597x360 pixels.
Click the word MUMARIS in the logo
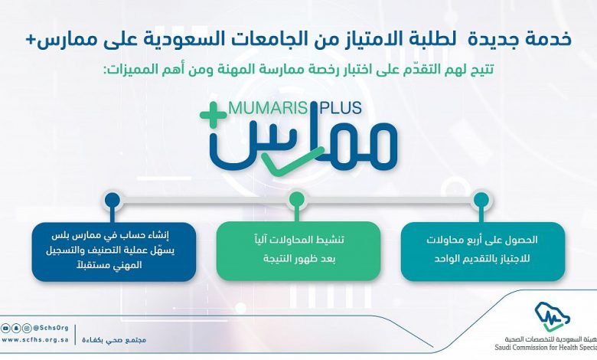268,108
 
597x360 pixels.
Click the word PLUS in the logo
341,108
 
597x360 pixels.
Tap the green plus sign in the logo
214,116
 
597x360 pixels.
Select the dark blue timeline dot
113,199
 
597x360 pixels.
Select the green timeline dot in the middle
297,199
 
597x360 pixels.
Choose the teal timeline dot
481,199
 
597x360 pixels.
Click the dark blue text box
114,251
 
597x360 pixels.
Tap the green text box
298,251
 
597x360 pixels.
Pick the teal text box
483,251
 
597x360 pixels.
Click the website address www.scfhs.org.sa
35,339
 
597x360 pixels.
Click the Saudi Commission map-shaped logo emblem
552,316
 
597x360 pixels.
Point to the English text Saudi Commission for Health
537,348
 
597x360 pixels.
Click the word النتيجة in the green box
279,259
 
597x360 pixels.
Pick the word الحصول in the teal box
521,240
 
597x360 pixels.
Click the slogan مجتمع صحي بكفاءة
114,340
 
